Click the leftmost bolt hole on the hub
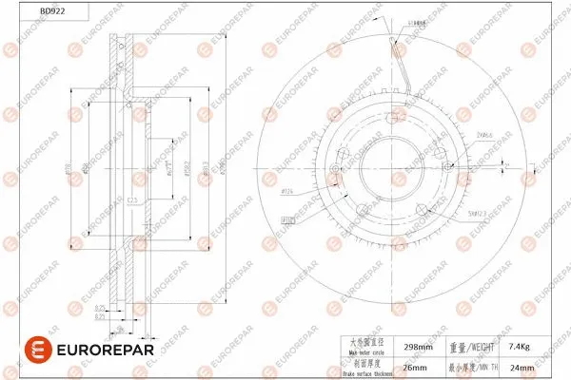point(334,172)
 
